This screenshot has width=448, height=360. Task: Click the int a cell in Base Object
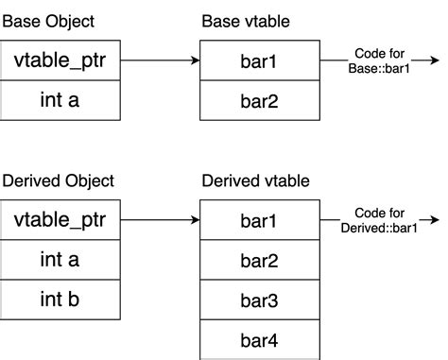(60, 100)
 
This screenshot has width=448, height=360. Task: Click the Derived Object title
(58, 180)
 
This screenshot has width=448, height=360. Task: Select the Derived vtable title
(255, 180)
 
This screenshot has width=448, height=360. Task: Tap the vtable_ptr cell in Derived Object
(60, 221)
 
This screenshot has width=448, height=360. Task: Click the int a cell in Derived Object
(60, 260)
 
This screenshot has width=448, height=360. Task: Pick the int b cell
(60, 299)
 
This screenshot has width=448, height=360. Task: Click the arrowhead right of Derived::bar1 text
(435, 221)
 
